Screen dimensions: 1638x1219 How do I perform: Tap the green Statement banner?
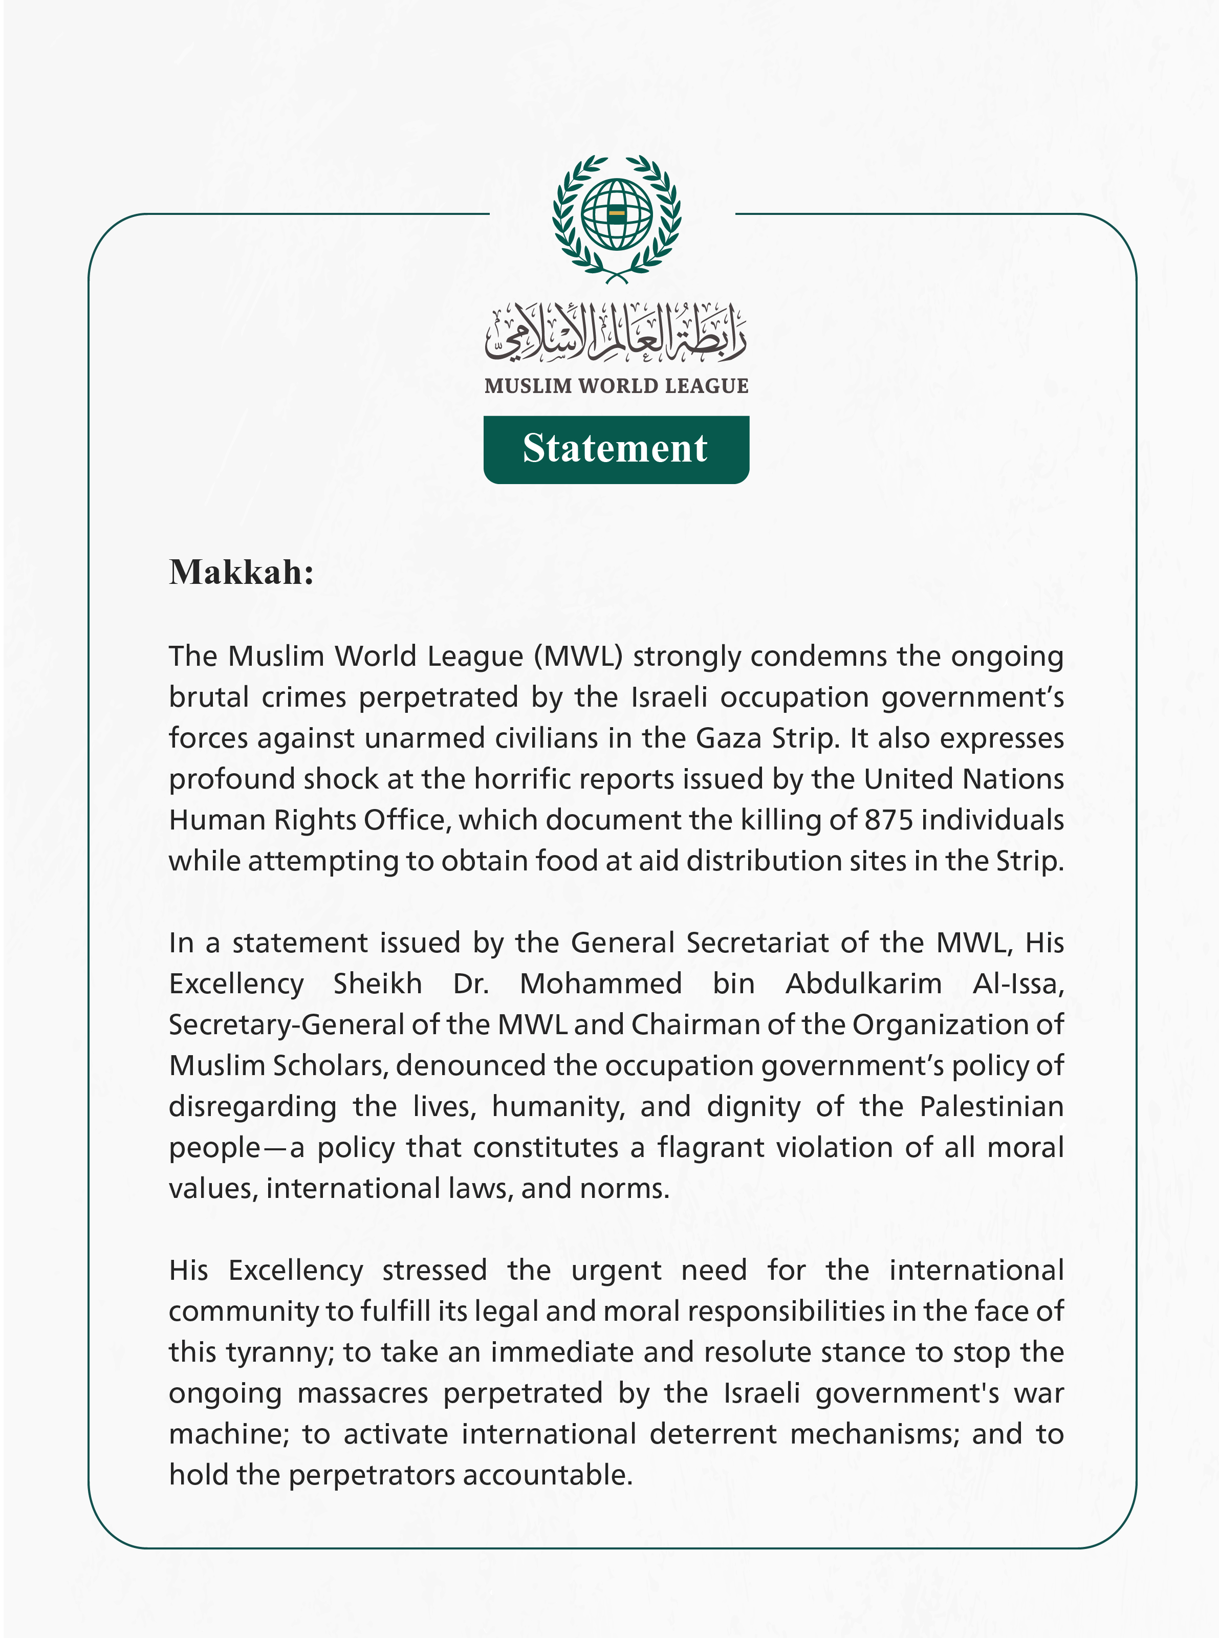click(x=616, y=449)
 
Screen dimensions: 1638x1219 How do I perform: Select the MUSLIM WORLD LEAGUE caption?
click(x=616, y=386)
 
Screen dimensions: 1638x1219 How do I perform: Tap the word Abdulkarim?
click(x=863, y=984)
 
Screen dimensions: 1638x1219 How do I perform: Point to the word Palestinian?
click(x=991, y=1107)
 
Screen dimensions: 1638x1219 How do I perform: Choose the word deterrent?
click(x=713, y=1434)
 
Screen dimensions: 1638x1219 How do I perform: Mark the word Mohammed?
click(x=601, y=984)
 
